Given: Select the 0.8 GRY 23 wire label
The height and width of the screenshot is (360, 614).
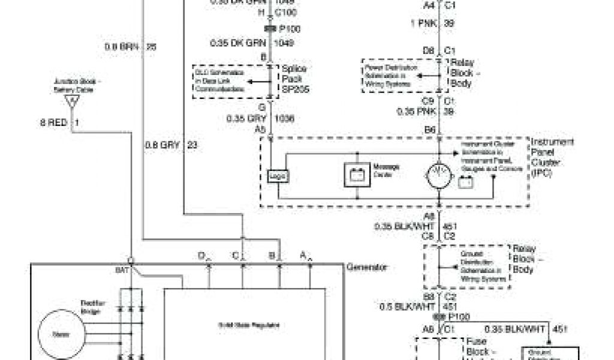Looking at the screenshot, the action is [170, 144].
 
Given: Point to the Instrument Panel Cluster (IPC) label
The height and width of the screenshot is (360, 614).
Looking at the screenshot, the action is [552, 157].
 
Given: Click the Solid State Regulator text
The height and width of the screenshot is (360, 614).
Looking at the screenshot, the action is [245, 325].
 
